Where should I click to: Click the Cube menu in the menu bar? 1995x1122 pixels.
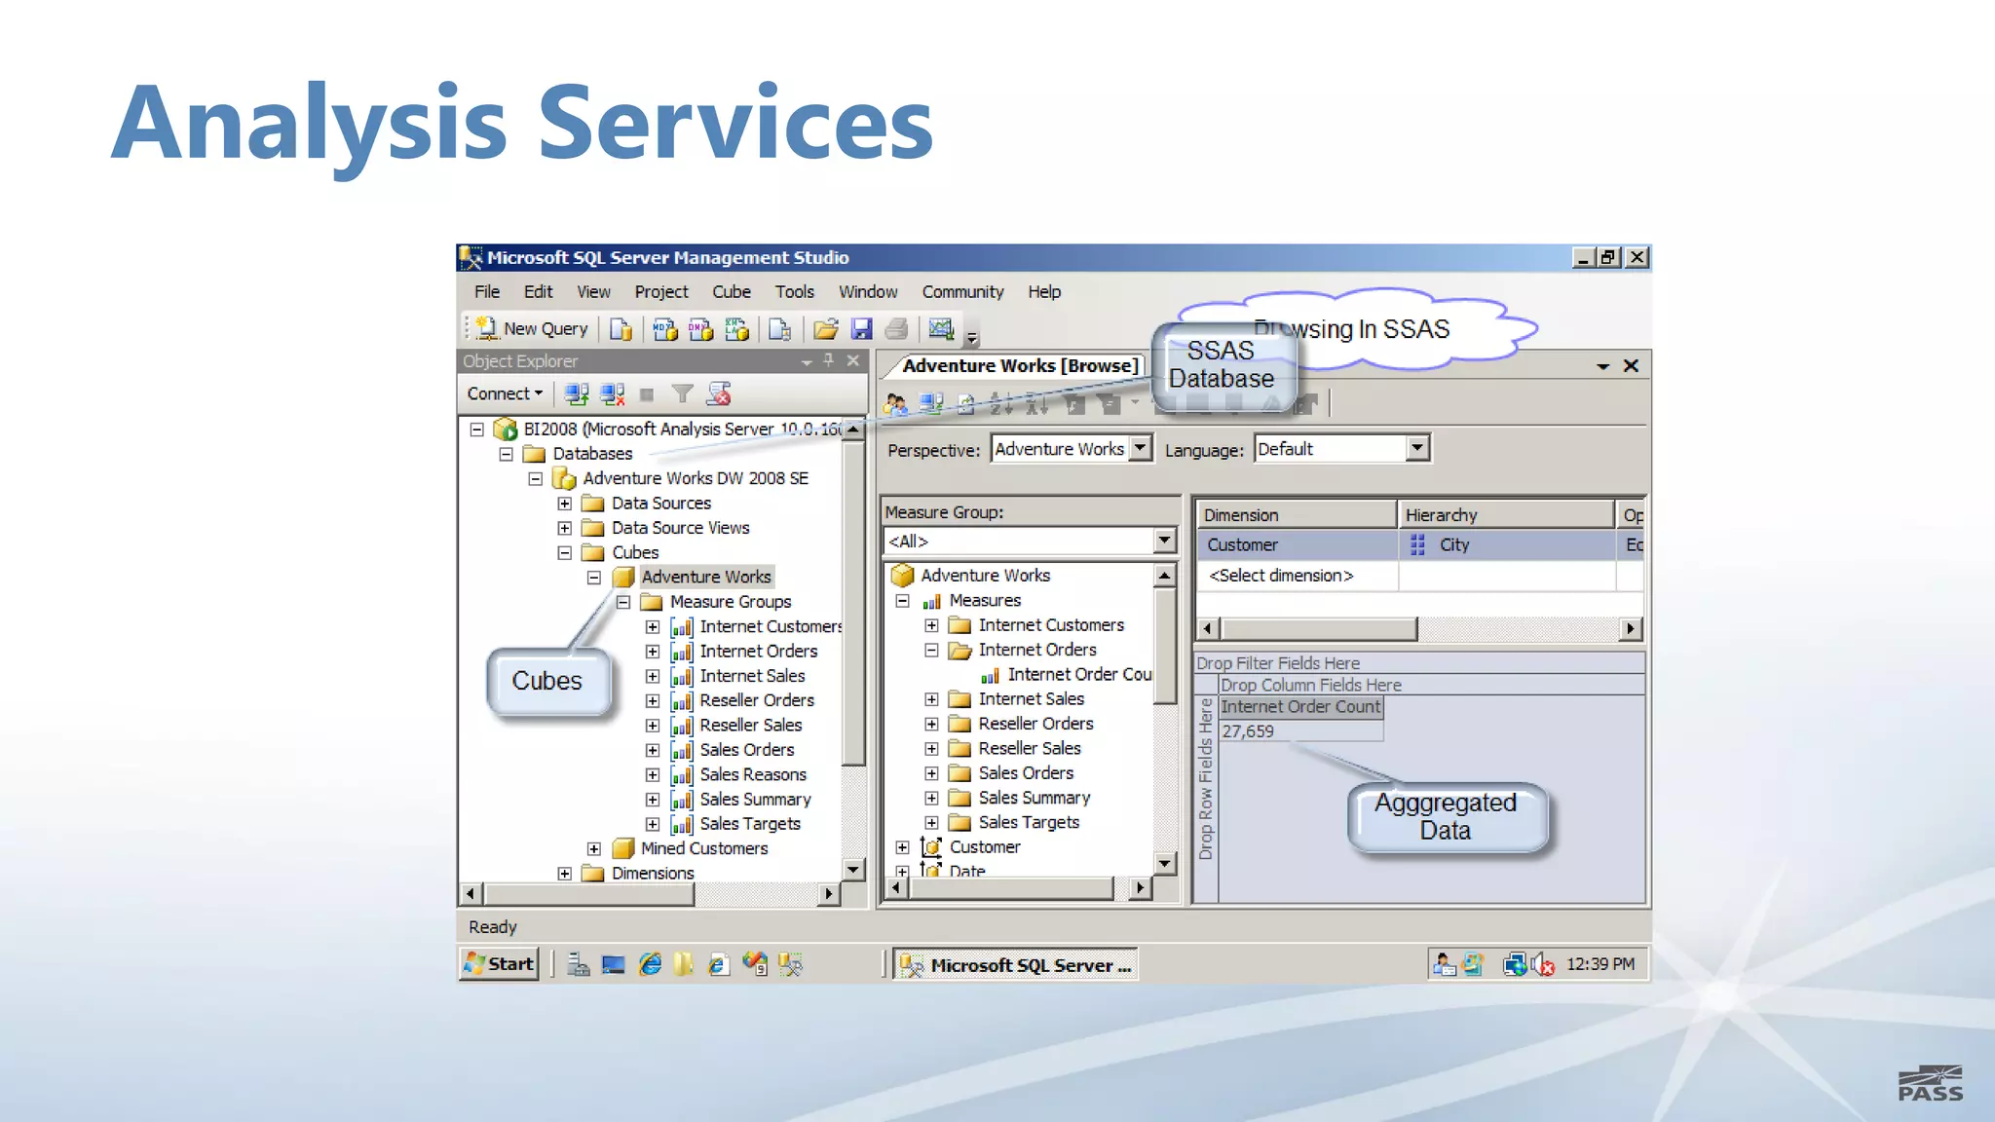pos(731,292)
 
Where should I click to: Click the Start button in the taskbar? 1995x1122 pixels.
pos(499,964)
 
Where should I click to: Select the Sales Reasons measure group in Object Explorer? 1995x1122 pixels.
pos(752,774)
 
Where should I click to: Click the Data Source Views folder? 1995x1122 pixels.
pos(680,528)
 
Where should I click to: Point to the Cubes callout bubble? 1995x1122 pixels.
pos(547,681)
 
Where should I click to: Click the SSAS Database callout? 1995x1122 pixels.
pos(1222,365)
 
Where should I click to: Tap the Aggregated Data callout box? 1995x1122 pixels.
pos(1446,817)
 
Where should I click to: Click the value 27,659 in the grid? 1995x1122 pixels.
pos(1249,731)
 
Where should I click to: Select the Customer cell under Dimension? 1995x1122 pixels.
pos(1243,545)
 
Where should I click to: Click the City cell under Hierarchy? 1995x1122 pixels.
pos(1453,545)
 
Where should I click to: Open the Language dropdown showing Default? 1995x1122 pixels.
pos(1417,448)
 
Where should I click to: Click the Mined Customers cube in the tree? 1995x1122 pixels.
pos(703,848)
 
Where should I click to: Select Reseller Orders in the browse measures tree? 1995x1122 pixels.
pos(1035,724)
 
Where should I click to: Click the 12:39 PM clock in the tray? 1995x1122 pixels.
pos(1600,964)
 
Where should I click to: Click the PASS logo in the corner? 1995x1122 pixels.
pos(1930,1083)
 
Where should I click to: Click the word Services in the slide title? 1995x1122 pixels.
pos(735,124)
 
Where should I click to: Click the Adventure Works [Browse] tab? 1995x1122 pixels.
pos(1019,366)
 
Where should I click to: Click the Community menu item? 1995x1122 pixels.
pos(962,292)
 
